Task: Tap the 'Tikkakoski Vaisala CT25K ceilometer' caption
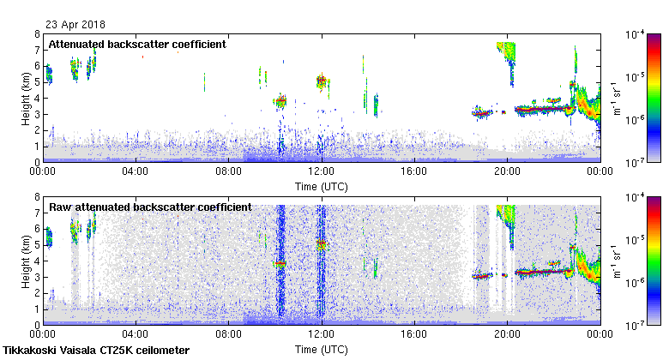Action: pyautogui.click(x=96, y=351)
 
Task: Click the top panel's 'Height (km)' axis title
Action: pyautogui.click(x=27, y=98)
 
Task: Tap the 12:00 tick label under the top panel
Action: pyautogui.click(x=321, y=171)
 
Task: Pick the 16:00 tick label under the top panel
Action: pyautogui.click(x=414, y=171)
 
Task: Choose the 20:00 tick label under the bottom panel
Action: pyautogui.click(x=507, y=335)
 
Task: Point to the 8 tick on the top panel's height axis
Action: pyautogui.click(x=37, y=34)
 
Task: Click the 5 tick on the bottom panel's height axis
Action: pyautogui.click(x=37, y=245)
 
